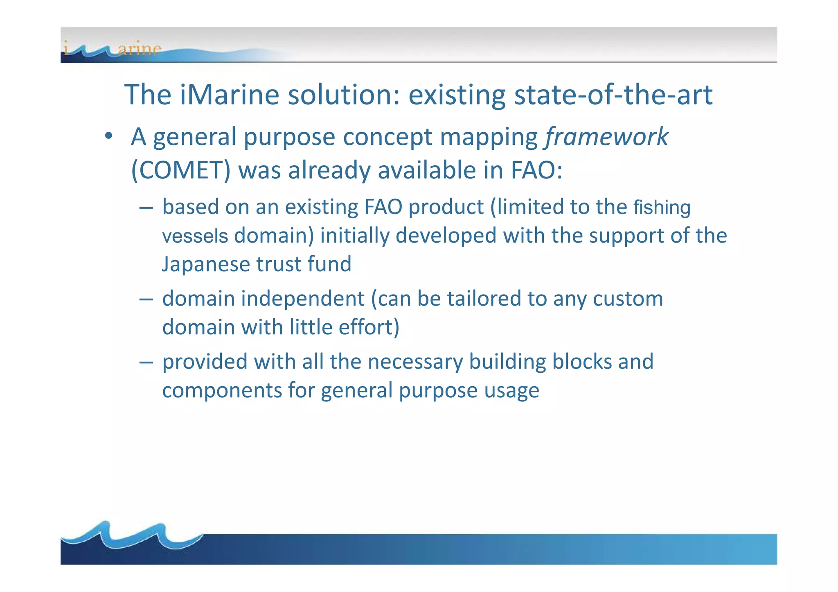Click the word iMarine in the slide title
pos(229,95)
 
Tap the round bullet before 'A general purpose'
pos(108,136)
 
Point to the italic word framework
pos(607,137)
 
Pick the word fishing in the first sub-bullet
pos(662,207)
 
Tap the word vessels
pos(195,236)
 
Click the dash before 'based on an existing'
pos(146,207)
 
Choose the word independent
pos(302,299)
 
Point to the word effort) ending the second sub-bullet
pos(369,327)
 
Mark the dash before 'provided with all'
pos(146,362)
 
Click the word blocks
pos(581,362)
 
